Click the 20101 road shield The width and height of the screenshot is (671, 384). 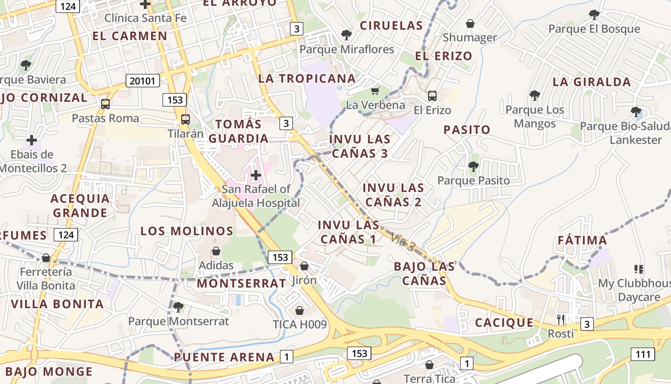coord(143,81)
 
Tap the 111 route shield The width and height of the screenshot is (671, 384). coord(643,355)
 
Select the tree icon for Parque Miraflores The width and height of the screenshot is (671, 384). coord(346,35)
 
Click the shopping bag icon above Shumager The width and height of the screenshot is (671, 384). coord(470,24)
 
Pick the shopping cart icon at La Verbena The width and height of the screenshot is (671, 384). coord(375,91)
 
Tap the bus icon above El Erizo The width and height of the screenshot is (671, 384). coord(432,96)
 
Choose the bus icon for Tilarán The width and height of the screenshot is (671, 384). coord(185,120)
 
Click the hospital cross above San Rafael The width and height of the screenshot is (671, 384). coord(256,175)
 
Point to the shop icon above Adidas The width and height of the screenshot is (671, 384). coord(216,251)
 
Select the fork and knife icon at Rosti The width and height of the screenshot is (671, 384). coord(561,319)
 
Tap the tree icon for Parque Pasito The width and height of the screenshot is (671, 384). coord(474,167)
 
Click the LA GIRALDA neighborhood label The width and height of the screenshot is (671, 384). coord(591,82)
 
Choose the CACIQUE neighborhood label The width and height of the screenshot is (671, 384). coord(504,323)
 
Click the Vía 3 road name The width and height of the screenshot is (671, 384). coord(403,242)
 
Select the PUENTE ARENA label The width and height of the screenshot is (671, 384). coord(224,357)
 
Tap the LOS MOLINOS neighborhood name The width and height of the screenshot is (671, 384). coord(187,231)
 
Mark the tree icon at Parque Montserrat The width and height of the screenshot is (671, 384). coord(178,307)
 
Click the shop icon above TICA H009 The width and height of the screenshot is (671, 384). coord(300,311)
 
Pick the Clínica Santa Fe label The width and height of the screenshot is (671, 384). coord(145,18)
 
